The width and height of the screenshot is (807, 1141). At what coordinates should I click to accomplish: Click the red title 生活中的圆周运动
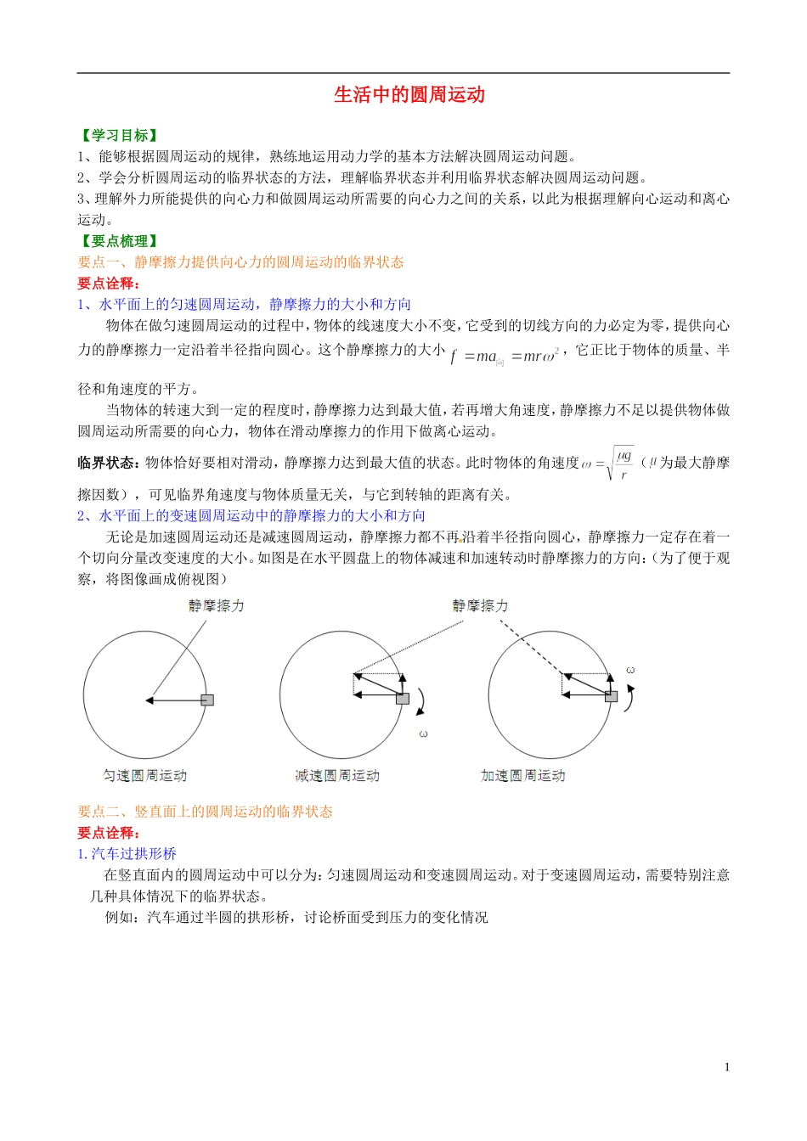(x=409, y=95)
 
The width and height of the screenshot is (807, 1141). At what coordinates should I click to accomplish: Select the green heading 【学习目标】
(x=119, y=135)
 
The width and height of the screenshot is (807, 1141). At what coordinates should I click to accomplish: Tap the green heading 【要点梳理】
(x=119, y=241)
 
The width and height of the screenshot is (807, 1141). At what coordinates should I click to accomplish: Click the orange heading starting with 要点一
(x=240, y=262)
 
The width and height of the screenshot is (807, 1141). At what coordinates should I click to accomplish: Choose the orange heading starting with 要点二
(x=205, y=812)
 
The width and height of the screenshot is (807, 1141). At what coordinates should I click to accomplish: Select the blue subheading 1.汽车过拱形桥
(x=127, y=854)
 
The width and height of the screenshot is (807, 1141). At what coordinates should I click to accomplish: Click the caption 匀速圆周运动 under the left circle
(x=144, y=775)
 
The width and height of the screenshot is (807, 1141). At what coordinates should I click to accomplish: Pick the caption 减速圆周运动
(x=337, y=775)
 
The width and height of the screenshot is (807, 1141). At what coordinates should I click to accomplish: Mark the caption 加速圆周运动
(x=522, y=775)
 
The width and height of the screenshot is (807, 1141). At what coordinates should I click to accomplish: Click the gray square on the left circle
(x=207, y=700)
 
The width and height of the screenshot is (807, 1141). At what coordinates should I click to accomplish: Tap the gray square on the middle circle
(x=403, y=698)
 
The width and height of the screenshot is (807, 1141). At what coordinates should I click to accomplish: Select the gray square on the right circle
(x=611, y=696)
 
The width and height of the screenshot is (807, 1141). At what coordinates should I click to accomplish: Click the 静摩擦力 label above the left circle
(x=216, y=605)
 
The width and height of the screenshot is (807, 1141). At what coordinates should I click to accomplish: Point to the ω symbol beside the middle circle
(x=423, y=733)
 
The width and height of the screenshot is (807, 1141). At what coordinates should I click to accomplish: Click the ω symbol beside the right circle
(x=630, y=671)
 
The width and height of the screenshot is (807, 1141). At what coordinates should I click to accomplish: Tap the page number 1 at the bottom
(x=726, y=1067)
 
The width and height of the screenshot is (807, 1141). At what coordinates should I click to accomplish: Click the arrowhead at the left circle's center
(x=149, y=700)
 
